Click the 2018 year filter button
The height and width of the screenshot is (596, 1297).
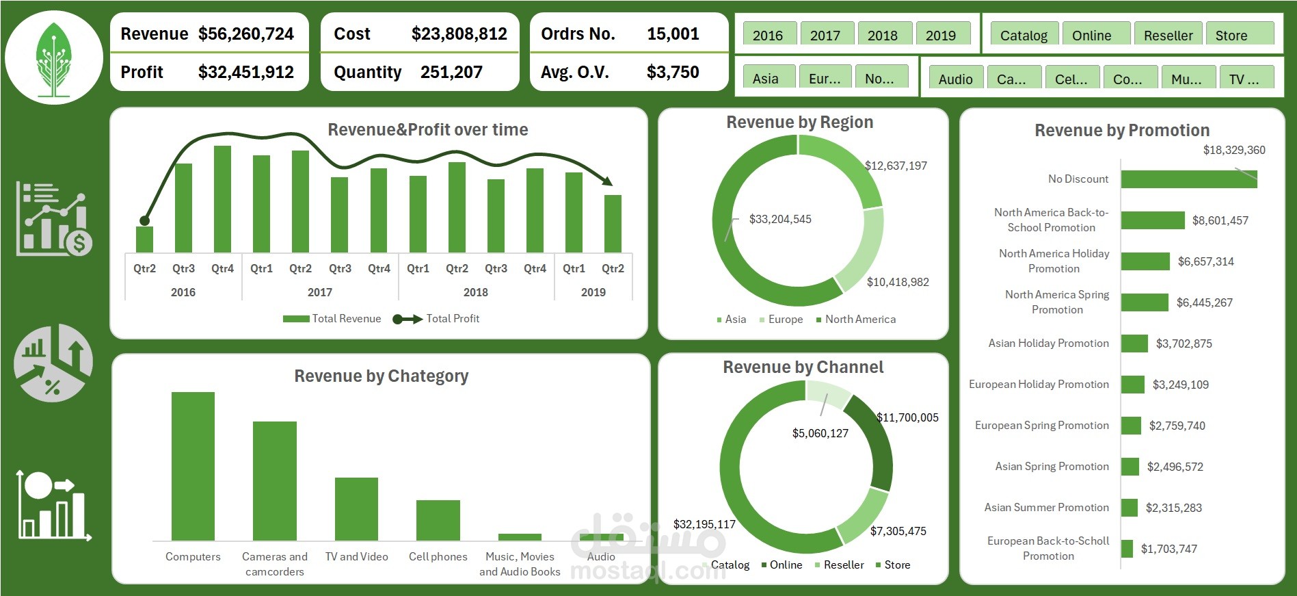[883, 34]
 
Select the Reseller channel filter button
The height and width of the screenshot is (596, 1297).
[1168, 34]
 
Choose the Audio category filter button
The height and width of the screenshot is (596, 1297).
[956, 78]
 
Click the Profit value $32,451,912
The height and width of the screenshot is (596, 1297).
[246, 72]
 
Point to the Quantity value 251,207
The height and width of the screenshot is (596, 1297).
[451, 72]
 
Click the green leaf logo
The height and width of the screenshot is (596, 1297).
[54, 59]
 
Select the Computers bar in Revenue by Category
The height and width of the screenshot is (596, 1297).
[193, 466]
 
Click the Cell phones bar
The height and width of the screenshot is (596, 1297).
[438, 520]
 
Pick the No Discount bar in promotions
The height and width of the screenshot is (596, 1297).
[1189, 179]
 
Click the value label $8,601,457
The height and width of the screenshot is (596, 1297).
[1220, 220]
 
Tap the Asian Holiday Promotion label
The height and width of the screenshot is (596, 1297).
[1049, 343]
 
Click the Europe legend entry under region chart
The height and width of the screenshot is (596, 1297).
[781, 319]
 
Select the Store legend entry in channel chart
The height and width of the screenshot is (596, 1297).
[893, 565]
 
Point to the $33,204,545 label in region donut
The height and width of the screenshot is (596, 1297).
[780, 219]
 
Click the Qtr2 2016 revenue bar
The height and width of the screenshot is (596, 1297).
[144, 239]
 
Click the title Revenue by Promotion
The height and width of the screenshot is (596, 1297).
[1122, 130]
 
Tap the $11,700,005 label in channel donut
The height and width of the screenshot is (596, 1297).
[907, 417]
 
